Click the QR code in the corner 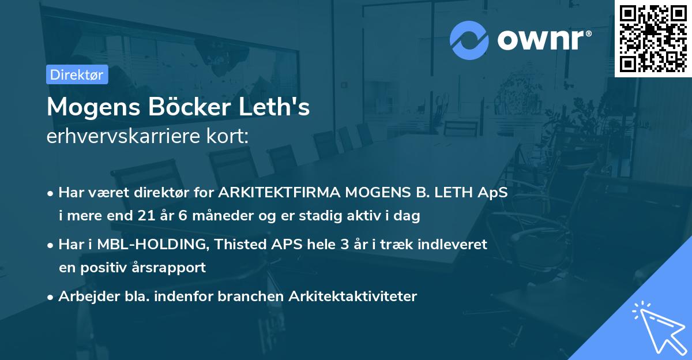point(653,38)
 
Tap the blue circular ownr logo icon point(469,40)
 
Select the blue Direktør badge point(77,74)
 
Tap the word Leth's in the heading point(281,108)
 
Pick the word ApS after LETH point(495,193)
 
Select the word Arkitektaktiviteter point(353,297)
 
